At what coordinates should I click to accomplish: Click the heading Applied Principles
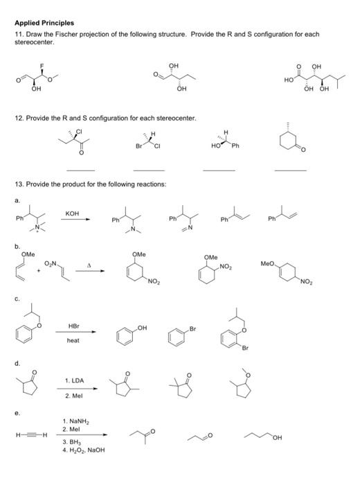[x=44, y=23]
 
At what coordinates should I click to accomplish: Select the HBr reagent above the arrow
[x=73, y=326]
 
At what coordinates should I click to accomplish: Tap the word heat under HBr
[x=73, y=340]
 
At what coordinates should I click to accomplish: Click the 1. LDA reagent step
[x=75, y=381]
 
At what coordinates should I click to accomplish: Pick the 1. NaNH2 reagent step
[x=75, y=421]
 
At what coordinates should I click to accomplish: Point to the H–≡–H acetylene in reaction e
[x=30, y=435]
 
